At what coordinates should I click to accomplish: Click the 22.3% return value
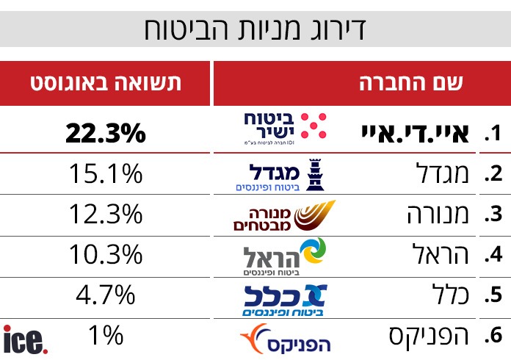[x=105, y=133]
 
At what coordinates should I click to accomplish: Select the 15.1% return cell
[x=105, y=174]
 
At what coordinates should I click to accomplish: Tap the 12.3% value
[x=105, y=215]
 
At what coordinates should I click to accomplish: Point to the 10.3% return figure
[x=105, y=255]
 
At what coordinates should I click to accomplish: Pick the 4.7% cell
[x=105, y=295]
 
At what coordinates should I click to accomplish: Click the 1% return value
[x=105, y=336]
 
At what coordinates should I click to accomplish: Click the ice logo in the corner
[x=26, y=340]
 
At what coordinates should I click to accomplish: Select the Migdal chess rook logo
[x=283, y=175]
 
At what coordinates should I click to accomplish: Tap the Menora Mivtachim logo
[x=283, y=215]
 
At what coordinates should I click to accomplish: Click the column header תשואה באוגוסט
[x=105, y=83]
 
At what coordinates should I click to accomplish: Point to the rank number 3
[x=493, y=215]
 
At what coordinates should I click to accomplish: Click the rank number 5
[x=493, y=296]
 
